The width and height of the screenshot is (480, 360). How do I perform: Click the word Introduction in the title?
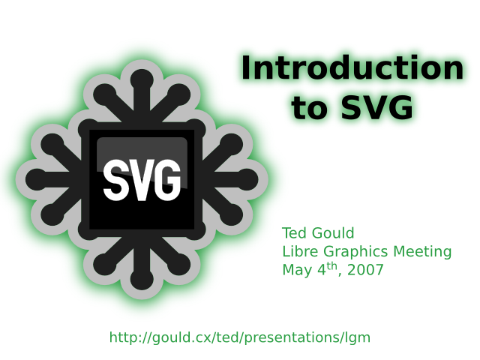pyautogui.click(x=352, y=67)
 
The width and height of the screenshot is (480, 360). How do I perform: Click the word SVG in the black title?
pyautogui.click(x=376, y=107)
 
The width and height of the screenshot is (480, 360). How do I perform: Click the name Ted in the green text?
pyautogui.click(x=294, y=233)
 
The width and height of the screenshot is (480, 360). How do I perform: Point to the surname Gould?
pyautogui.click(x=332, y=233)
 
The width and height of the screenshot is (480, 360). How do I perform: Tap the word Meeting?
pyautogui.click(x=422, y=253)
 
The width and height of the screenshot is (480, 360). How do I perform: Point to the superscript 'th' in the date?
pyautogui.click(x=332, y=267)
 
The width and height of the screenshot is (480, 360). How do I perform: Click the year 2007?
pyautogui.click(x=365, y=270)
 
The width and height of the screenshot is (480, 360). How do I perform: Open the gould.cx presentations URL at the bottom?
pyautogui.click(x=240, y=337)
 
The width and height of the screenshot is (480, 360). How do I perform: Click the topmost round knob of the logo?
pyautogui.click(x=142, y=80)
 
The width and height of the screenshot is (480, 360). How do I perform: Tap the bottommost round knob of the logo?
pyautogui.click(x=142, y=279)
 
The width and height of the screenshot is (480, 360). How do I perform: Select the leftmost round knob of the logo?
pyautogui.click(x=37, y=179)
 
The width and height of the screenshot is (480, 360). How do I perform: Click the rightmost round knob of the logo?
pyautogui.click(x=247, y=179)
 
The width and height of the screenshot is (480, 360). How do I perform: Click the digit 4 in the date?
pyautogui.click(x=322, y=270)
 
